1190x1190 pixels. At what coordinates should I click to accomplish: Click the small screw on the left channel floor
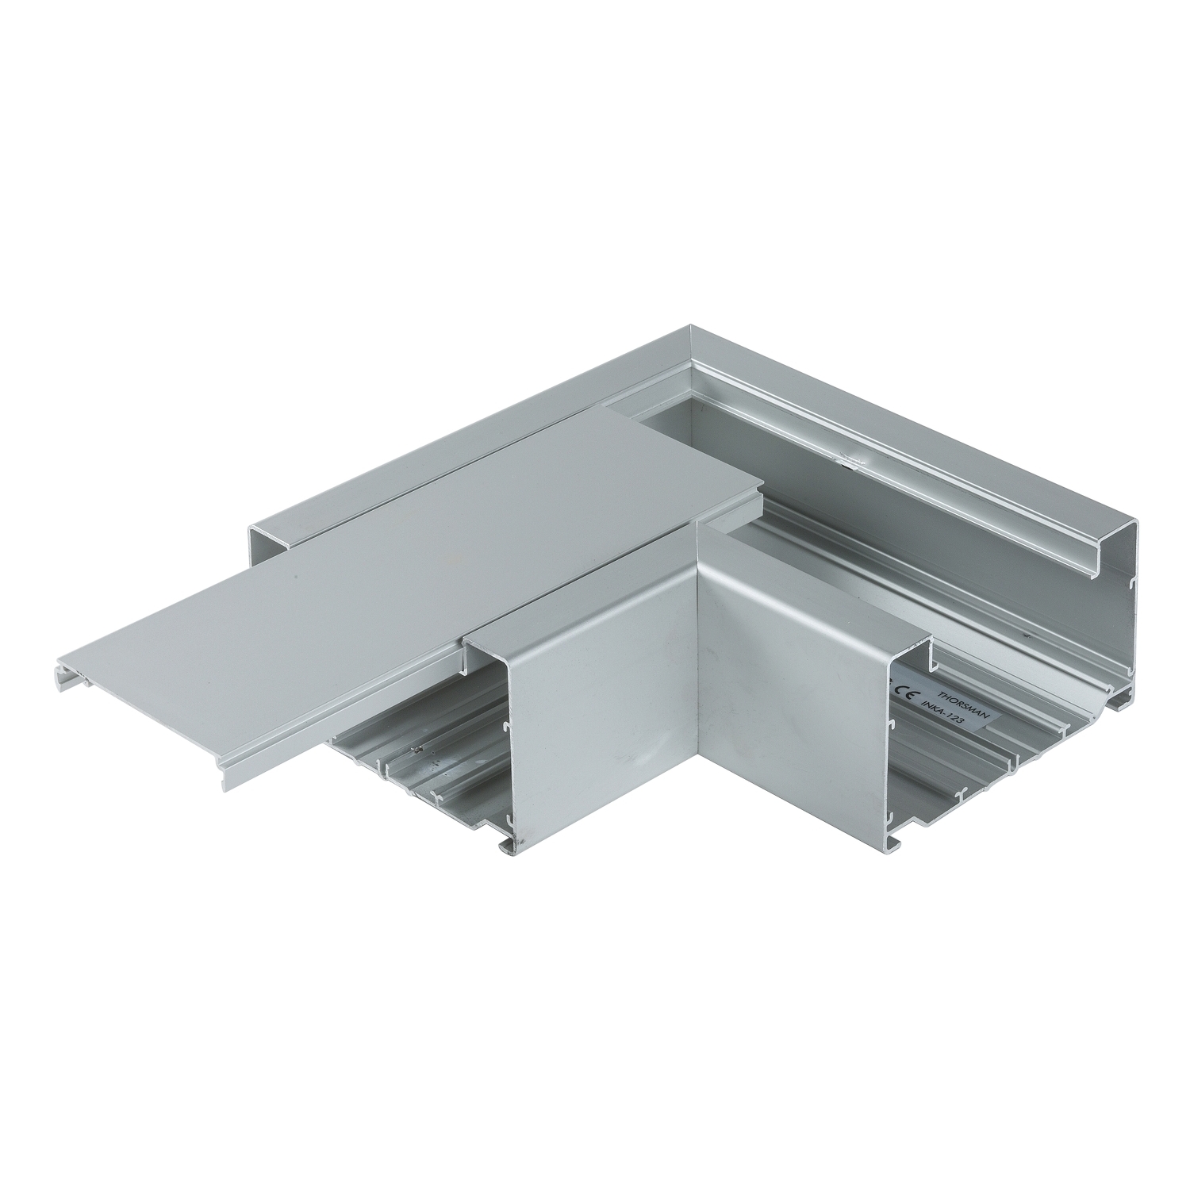(x=413, y=749)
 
